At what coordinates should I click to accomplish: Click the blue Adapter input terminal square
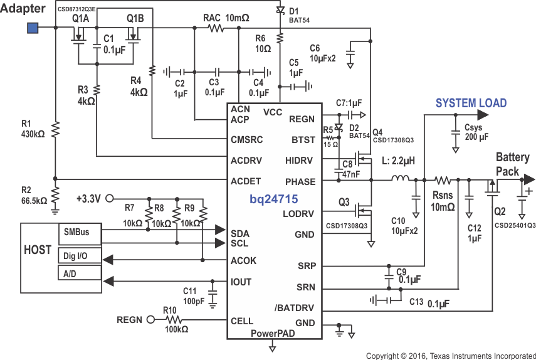point(33,27)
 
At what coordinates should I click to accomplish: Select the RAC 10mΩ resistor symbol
point(216,28)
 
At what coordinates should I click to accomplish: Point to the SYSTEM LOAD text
point(471,103)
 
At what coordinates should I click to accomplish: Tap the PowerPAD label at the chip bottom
point(272,333)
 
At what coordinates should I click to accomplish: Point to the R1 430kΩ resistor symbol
point(55,130)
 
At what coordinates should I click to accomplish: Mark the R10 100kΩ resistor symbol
point(173,320)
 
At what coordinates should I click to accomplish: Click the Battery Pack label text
point(512,164)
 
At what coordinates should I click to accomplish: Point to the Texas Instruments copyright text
point(450,354)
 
